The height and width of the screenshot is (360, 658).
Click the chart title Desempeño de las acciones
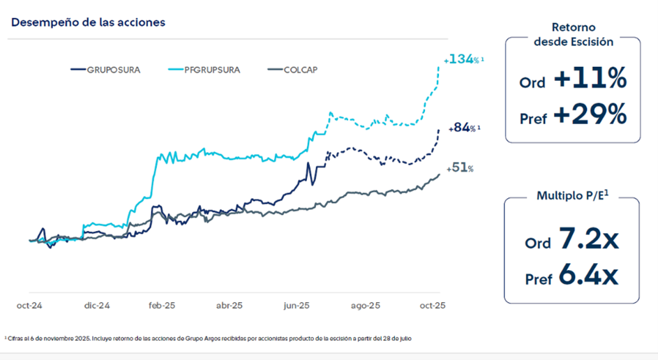pos(88,22)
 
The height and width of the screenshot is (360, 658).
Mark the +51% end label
pos(460,168)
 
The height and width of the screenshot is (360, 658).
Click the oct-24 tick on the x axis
pos(29,306)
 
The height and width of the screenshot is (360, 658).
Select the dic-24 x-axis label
pos(96,306)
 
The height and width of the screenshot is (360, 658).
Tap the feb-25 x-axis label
pos(163,306)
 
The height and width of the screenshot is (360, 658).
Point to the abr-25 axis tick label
pos(230,306)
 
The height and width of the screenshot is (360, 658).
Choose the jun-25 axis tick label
pos(297,306)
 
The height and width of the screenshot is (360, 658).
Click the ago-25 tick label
pos(364,306)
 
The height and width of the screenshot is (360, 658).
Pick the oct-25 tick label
pos(431,306)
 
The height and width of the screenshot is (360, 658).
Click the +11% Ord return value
pos(590,80)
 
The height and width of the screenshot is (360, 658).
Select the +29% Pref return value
pos(590,115)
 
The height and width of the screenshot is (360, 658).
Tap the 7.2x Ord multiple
pos(588,241)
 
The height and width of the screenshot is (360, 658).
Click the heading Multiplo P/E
pos(571,195)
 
